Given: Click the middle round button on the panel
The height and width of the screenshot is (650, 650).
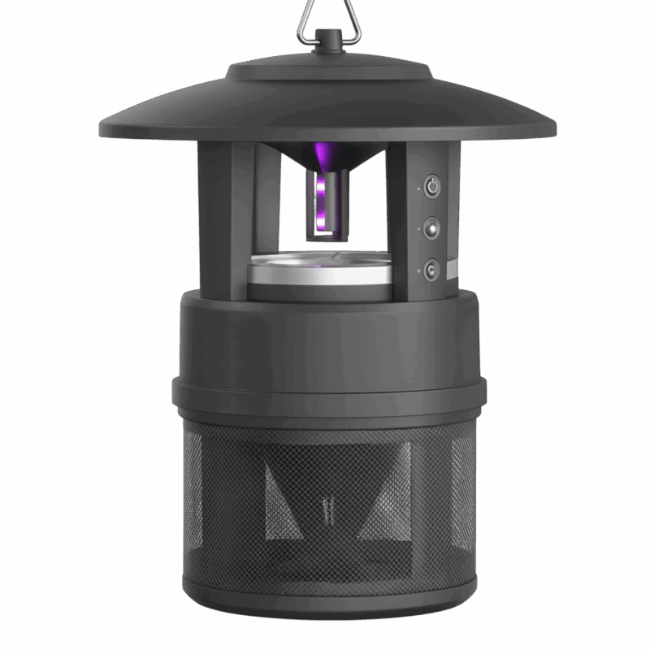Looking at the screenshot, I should point(432,227).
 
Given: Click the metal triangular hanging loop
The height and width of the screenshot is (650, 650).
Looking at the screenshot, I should point(329,15).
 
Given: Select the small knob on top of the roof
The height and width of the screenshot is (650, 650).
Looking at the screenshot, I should point(329,40).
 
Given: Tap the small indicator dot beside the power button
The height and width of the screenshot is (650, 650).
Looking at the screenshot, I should point(418,188).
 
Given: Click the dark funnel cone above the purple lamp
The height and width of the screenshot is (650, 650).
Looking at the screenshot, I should point(329,154).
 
